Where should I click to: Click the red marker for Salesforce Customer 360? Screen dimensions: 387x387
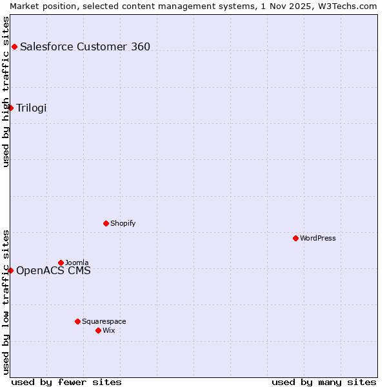point(14,46)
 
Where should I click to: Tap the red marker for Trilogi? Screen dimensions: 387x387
point(10,108)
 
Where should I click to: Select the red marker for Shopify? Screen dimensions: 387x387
point(106,223)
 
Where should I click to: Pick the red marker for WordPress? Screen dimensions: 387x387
point(295,238)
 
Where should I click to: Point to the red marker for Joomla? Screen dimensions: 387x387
point(61,263)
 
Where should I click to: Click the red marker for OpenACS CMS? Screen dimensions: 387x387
point(10,270)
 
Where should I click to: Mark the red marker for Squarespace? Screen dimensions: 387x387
point(77,321)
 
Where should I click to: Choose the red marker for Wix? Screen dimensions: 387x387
point(98,330)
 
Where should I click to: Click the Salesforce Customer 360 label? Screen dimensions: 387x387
point(85,46)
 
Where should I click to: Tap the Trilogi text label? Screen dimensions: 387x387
point(32,108)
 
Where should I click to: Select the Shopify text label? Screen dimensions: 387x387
point(123,223)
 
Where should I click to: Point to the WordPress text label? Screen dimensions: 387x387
point(317,238)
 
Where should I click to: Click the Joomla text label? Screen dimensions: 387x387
point(77,263)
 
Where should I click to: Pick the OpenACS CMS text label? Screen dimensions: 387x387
point(54,270)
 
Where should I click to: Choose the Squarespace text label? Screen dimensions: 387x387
point(104,321)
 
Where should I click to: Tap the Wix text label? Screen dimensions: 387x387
point(109,330)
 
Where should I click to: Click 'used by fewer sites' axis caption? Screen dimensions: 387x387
point(66,382)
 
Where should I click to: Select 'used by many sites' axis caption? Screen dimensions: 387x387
point(324,382)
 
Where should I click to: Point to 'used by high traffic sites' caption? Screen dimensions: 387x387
point(6,92)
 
